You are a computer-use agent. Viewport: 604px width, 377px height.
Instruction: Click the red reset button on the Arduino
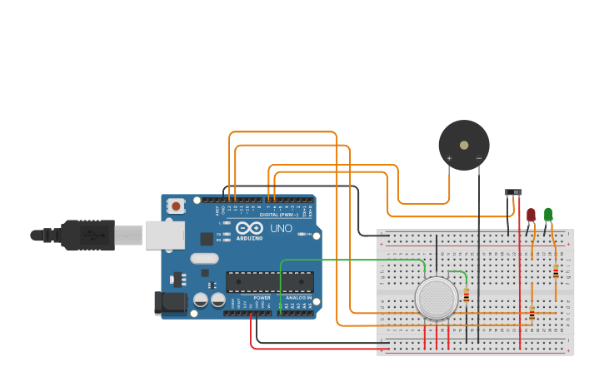coord(176,206)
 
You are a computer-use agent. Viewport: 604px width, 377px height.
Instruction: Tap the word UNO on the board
coord(281,228)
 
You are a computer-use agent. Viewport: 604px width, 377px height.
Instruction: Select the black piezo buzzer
coord(464,145)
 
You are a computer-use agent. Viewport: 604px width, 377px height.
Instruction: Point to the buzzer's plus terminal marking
coord(449,158)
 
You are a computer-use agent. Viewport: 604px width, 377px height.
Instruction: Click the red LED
coord(531,216)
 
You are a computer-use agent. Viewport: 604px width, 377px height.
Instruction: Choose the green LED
coord(548,215)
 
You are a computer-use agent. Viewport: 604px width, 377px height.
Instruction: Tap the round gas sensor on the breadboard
coord(437,298)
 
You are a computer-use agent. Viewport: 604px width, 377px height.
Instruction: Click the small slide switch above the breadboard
coord(513,192)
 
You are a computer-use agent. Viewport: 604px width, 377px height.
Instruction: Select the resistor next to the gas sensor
coord(467,295)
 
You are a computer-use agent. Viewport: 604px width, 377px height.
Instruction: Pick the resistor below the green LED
coord(556,271)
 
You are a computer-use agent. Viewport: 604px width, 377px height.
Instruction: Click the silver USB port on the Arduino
coord(164,235)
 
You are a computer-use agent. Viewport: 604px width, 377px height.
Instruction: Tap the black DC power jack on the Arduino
coord(171,302)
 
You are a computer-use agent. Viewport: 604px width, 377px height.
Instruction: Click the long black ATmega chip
coord(270,281)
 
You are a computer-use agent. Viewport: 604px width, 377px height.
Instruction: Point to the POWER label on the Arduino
coord(262,297)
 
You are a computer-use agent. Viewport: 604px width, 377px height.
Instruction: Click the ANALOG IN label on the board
coord(298,297)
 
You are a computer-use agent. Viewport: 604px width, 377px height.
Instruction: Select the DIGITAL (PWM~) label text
coord(278,215)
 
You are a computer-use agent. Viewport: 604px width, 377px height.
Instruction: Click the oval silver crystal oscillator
coord(204,258)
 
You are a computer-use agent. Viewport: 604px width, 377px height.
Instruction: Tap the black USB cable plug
coord(87,235)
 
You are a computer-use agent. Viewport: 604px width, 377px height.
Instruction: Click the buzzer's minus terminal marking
coord(478,158)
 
